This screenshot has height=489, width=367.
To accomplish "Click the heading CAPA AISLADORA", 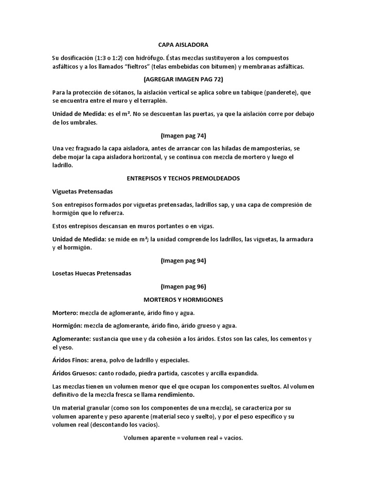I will [183, 45].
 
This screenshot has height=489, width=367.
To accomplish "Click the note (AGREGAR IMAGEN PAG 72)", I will [183, 79].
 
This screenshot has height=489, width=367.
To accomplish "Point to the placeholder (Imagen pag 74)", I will [183, 135].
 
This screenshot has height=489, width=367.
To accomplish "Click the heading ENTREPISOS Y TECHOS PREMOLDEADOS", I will [183, 178].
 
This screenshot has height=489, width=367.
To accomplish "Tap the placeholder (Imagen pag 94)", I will [183, 261].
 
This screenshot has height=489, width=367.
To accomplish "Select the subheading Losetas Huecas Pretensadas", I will [91, 274].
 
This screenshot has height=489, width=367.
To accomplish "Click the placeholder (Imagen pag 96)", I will [183, 287].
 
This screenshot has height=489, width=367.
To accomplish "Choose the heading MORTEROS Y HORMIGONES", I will [183, 300].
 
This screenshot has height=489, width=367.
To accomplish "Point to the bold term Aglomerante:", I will [73, 339].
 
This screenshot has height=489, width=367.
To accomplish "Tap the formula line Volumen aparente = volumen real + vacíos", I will [183, 437].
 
